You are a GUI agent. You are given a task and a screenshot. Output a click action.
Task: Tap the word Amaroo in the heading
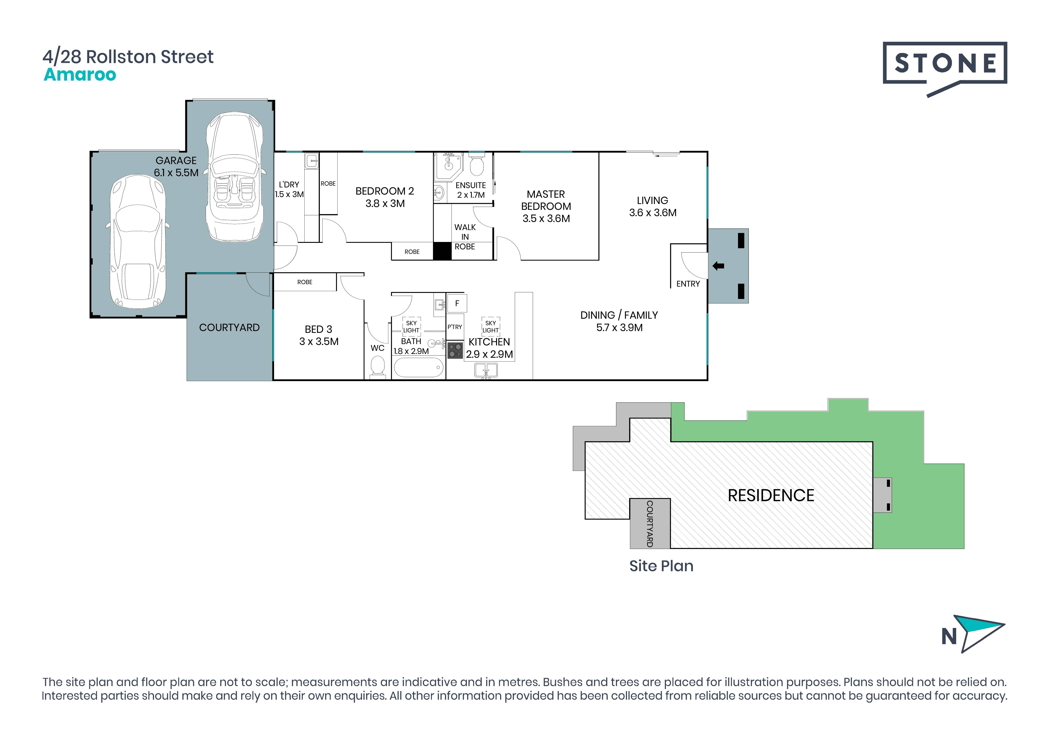(x=80, y=75)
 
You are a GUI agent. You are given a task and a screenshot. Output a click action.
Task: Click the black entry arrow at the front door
(x=718, y=266)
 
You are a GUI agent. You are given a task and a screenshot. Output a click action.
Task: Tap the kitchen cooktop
(x=455, y=350)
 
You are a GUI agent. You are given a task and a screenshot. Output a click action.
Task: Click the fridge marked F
(x=457, y=303)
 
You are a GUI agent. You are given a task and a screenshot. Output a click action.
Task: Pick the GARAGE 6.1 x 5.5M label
(x=176, y=166)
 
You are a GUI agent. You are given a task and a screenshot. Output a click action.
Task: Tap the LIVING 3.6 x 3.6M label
(x=652, y=206)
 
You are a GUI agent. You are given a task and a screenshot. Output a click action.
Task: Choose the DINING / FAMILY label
(x=619, y=321)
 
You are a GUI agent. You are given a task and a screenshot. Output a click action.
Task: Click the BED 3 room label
(x=319, y=335)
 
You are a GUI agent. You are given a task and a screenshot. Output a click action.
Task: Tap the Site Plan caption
(x=661, y=566)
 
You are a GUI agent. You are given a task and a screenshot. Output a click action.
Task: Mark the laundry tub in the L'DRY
(x=312, y=160)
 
